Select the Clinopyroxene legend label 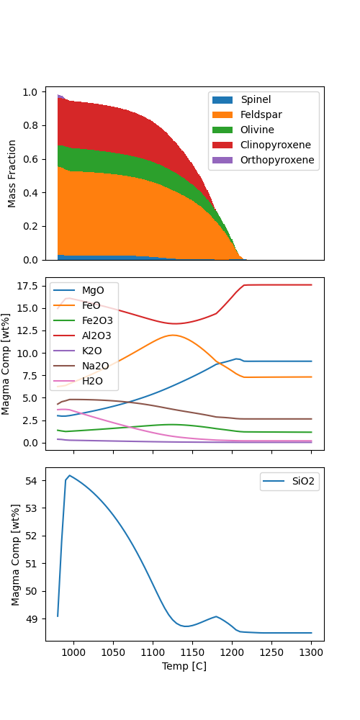[x=276, y=145]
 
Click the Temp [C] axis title [x=184, y=666]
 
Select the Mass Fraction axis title [x=12, y=174]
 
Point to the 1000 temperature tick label [x=73, y=652]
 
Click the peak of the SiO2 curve [x=69, y=475]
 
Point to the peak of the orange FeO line [x=173, y=335]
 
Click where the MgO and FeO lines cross [x=219, y=364]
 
